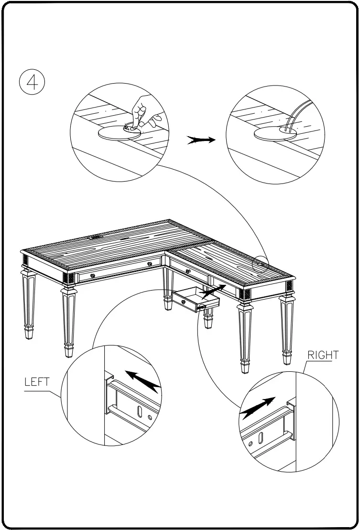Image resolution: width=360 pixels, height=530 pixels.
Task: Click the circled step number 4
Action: click(32, 82)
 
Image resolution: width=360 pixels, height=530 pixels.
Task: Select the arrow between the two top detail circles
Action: click(201, 140)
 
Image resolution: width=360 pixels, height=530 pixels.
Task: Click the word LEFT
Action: click(37, 382)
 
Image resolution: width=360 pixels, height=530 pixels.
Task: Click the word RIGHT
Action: click(323, 355)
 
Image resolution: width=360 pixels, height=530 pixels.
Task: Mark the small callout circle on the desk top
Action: click(261, 263)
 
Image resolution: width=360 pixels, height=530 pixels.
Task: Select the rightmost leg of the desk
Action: click(287, 330)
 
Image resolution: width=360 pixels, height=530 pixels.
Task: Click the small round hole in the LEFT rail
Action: click(150, 417)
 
